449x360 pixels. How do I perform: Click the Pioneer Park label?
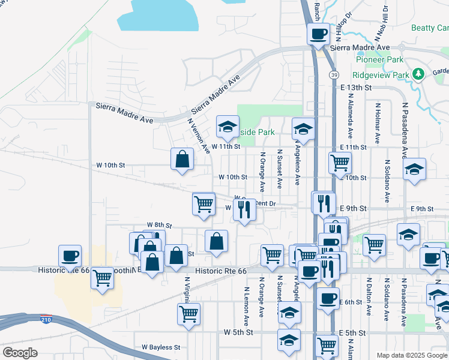380,59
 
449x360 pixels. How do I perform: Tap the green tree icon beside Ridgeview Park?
419,74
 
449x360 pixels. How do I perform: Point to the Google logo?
20,353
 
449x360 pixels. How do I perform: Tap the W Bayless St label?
161,347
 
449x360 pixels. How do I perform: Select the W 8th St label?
159,225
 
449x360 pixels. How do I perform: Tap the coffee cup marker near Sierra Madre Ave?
318,34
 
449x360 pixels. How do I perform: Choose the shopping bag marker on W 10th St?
182,160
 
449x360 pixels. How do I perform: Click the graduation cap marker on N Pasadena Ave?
414,169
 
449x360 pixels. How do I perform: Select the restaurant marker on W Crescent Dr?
244,210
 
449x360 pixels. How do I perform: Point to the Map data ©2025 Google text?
412,355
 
